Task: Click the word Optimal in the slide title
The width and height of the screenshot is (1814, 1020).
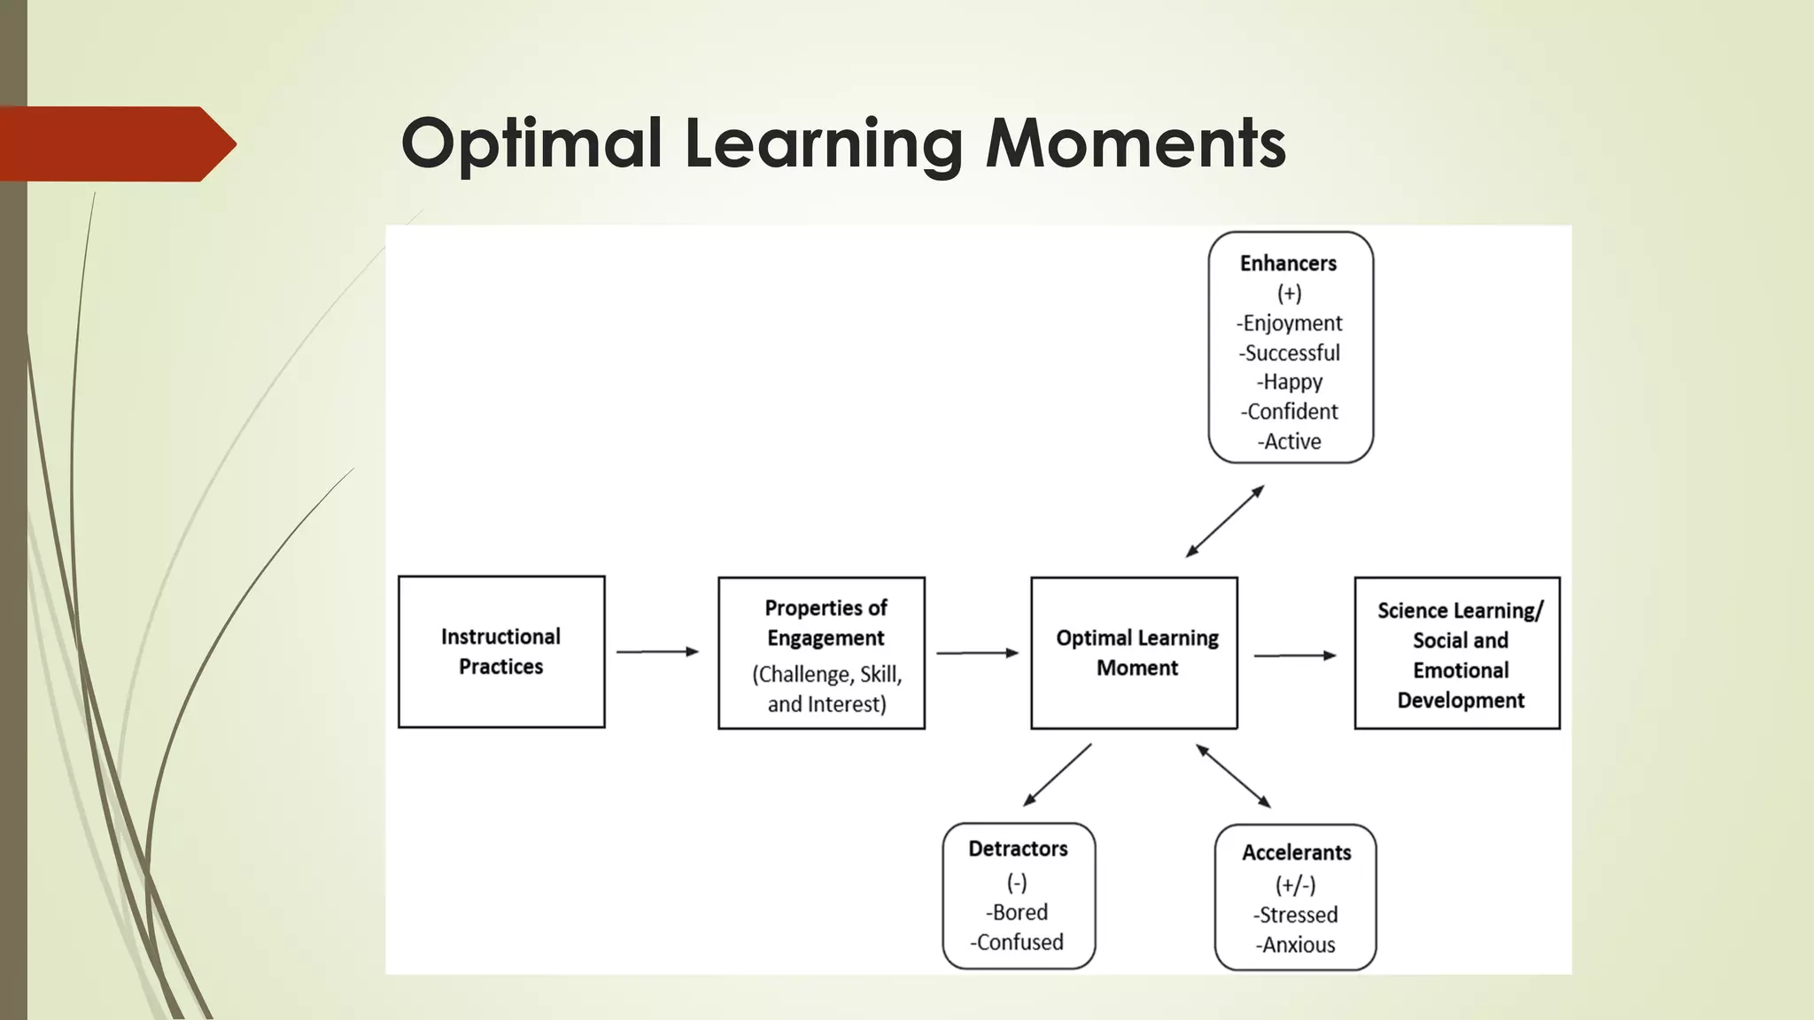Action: point(531,143)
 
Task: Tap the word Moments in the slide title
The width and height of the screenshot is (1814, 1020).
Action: point(1136,143)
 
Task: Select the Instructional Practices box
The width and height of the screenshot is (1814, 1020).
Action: point(501,652)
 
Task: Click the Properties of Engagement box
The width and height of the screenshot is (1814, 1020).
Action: point(821,653)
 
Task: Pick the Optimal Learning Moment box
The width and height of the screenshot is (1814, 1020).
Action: point(1134,653)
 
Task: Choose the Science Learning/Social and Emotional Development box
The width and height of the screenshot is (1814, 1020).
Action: point(1457,653)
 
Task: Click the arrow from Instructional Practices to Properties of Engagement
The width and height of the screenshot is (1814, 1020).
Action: point(657,652)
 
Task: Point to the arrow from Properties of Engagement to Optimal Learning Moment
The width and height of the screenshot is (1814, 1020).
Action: point(977,653)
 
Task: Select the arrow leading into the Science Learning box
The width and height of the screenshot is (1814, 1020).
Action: point(1294,655)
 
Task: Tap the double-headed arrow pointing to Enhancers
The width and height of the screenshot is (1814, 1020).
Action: point(1225,521)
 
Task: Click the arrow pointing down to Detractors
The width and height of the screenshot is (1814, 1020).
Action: point(1058,775)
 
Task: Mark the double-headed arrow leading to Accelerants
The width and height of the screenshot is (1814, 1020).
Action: point(1234,777)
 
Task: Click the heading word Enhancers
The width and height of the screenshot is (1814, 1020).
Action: point(1288,264)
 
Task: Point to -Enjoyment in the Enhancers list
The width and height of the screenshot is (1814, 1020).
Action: point(1289,323)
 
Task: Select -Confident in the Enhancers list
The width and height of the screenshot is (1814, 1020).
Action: point(1289,412)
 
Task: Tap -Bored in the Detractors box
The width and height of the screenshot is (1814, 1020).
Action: point(1017,913)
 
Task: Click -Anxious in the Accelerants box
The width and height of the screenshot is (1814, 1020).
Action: point(1295,945)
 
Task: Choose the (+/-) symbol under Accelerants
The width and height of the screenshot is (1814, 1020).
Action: point(1295,885)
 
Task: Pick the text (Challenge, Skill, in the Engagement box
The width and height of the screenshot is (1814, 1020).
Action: point(826,675)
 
